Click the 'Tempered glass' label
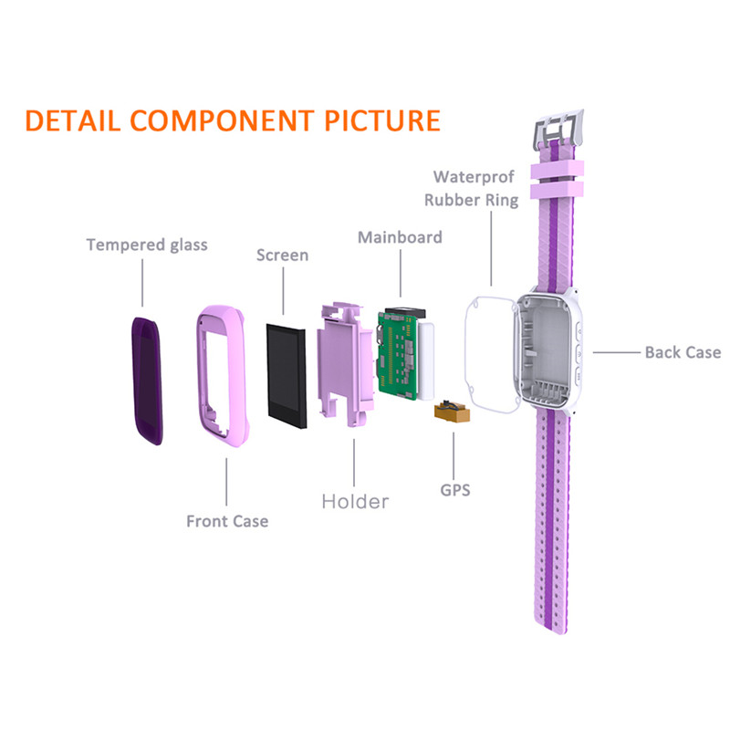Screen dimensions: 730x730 tap(147, 245)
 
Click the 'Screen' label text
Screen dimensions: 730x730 tap(282, 255)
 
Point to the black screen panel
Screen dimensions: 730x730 tap(287, 372)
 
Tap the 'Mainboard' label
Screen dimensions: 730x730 tap(400, 237)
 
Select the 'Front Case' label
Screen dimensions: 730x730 tap(227, 521)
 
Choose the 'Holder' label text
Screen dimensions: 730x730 tap(355, 501)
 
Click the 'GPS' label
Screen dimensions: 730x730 tap(454, 490)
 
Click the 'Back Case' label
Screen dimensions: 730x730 tap(683, 352)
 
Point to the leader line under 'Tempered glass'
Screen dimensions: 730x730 tap(141, 283)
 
